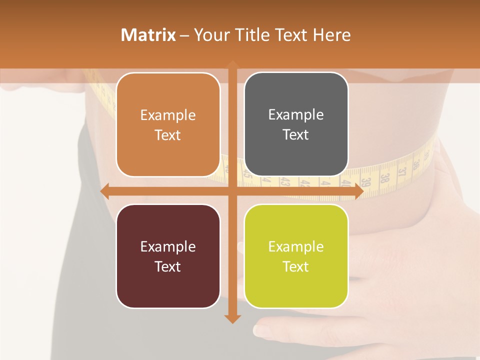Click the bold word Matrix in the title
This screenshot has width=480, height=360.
[148, 35]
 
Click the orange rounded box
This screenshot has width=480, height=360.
[168, 124]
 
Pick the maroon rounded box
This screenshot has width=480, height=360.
[168, 256]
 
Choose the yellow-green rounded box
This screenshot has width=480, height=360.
[296, 256]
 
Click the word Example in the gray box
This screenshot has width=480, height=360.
[296, 114]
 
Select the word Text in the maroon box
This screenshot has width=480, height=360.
[168, 266]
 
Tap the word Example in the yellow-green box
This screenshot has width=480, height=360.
[296, 246]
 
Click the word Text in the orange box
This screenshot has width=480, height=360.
[168, 135]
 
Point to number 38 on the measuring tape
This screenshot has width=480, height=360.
[385, 177]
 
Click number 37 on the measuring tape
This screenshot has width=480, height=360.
[401, 172]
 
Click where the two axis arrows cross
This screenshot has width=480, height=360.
[232, 191]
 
